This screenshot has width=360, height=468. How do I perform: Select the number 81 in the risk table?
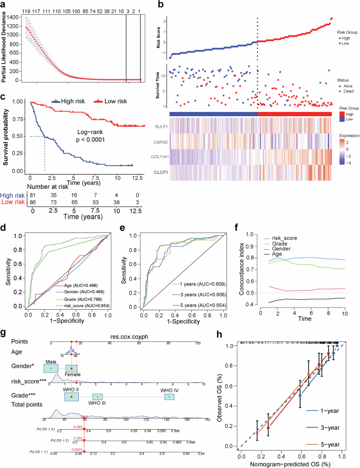pos(33,194)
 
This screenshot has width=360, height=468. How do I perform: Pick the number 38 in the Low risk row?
pos(116,202)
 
